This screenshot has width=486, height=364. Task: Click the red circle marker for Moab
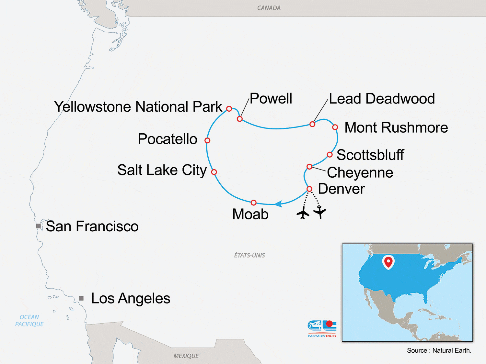254,203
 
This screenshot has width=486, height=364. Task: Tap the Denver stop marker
309,189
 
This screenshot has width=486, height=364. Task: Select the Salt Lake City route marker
214,172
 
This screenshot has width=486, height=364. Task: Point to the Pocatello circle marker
207,140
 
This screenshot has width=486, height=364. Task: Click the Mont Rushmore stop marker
335,127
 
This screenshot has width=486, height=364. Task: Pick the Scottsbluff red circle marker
330,155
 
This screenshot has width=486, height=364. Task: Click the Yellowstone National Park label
138,106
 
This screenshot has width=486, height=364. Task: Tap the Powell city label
271,98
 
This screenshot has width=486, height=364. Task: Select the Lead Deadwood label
382,99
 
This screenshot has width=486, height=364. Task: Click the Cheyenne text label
360,172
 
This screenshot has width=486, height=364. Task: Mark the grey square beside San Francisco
39,226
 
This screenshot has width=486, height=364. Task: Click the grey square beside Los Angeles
81,298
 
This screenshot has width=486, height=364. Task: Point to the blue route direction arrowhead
278,204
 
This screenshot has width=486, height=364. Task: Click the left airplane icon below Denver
303,213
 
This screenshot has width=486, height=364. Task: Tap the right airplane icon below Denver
320,212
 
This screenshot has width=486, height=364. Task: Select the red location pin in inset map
388,262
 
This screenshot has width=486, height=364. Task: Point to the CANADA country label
269,8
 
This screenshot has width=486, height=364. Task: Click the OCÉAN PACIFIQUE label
29,321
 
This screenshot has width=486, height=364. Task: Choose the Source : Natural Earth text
439,350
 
